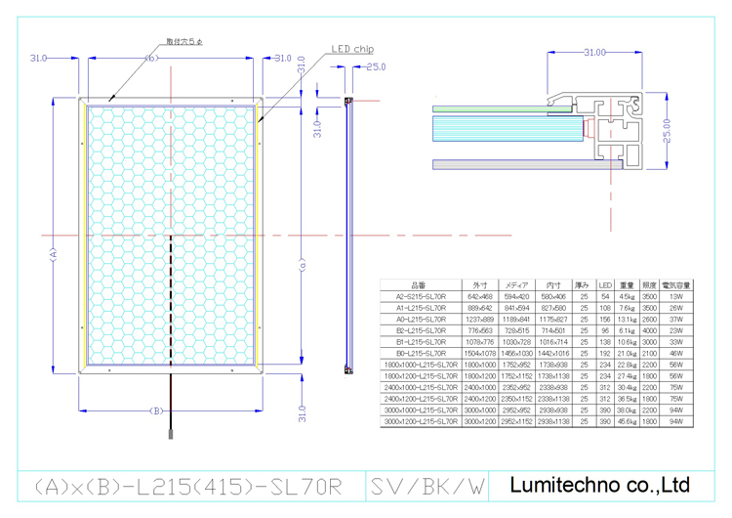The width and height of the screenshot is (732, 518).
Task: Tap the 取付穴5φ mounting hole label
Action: [183, 41]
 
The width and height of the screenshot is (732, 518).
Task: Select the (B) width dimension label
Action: [154, 410]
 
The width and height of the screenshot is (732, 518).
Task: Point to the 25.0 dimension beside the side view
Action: [375, 66]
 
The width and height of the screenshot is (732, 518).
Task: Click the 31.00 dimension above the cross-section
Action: [594, 51]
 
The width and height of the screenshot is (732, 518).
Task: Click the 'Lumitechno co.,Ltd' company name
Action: [601, 484]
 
